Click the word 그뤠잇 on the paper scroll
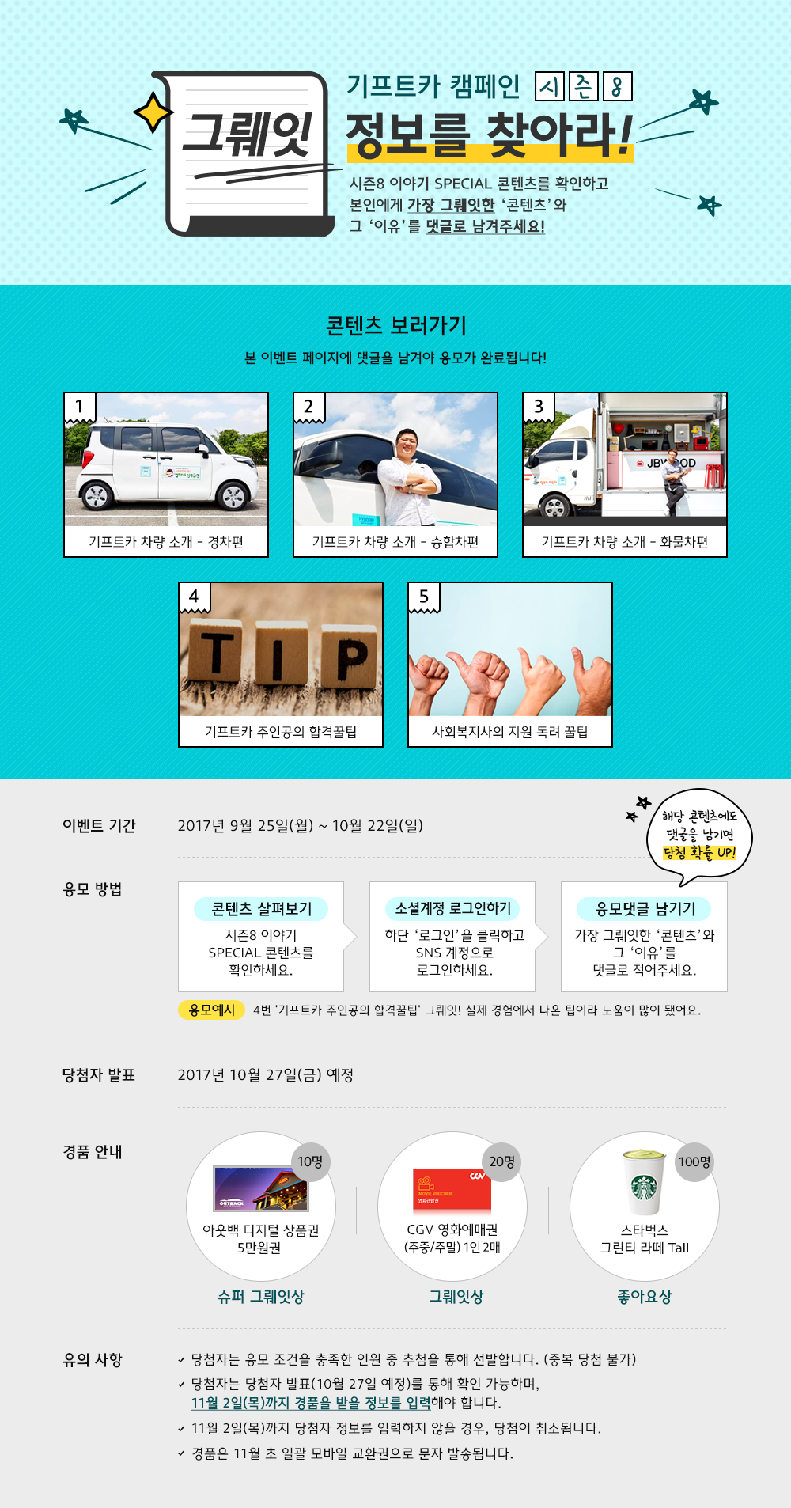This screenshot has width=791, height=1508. [247, 135]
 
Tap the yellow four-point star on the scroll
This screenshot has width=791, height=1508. [153, 112]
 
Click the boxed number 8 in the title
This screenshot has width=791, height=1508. [617, 87]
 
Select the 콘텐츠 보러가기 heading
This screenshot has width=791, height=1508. [395, 325]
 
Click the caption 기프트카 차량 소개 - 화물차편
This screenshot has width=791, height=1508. [624, 542]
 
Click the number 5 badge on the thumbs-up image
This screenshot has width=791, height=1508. [423, 597]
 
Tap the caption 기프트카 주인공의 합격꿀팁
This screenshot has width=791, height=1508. [281, 732]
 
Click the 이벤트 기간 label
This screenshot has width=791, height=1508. [99, 825]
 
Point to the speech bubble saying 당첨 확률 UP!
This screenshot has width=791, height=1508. [698, 835]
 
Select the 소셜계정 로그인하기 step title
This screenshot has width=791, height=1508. [452, 908]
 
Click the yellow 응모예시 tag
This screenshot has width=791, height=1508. [211, 1010]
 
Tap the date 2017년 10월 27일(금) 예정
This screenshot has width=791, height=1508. [265, 1074]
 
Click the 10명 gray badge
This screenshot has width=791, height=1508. [310, 1161]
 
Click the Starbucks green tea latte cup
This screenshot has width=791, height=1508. [644, 1183]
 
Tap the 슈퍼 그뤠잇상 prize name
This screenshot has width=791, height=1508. [260, 1296]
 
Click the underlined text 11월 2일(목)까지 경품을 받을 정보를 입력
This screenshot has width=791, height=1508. [310, 1403]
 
